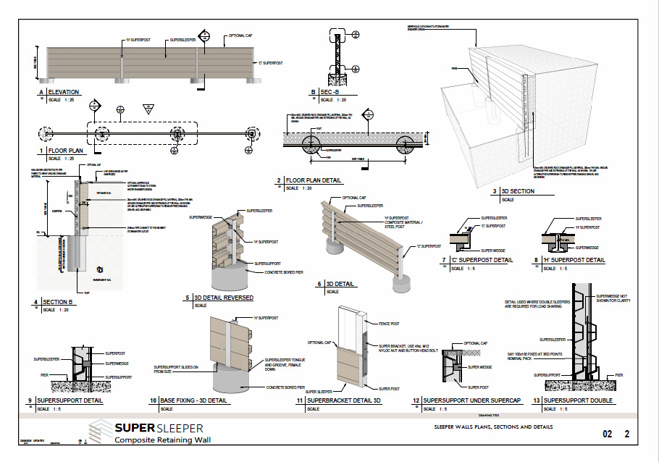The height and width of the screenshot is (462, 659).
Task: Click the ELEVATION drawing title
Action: point(63,92)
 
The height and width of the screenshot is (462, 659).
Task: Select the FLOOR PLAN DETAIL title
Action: point(314,180)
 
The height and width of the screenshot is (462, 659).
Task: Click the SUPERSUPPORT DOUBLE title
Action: point(578,400)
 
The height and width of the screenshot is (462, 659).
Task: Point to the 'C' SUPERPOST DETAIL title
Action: point(482,260)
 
